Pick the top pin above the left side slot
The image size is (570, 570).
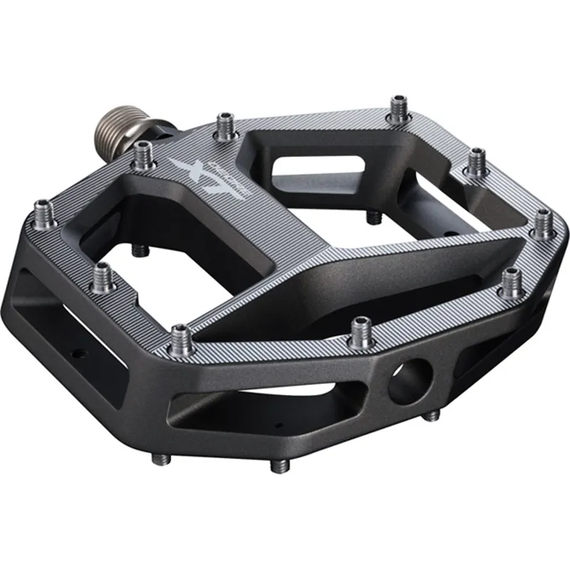point(102,275)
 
